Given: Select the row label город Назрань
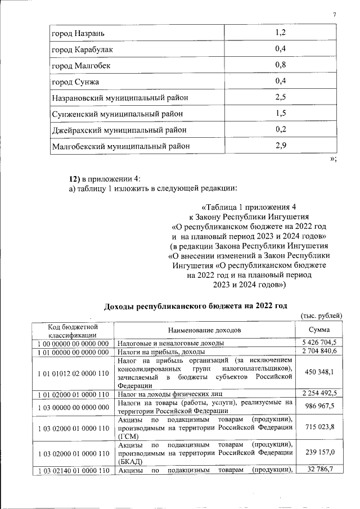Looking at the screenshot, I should [78, 33].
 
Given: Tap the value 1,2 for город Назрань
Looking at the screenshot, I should [280, 32].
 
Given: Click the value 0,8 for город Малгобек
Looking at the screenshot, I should [280, 65].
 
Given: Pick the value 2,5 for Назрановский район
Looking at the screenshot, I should [280, 97].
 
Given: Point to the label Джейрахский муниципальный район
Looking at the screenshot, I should [119, 130].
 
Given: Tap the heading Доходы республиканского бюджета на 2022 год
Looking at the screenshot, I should [195, 306].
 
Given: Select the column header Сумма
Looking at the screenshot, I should [319, 330].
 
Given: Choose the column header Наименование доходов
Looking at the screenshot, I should [204, 330].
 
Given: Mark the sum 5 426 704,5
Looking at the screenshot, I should [319, 343].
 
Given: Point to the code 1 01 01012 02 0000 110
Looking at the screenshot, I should [73, 373].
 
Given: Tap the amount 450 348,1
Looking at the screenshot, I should [319, 373].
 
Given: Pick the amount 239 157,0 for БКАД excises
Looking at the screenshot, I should [319, 453].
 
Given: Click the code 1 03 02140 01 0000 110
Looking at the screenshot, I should [73, 470].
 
